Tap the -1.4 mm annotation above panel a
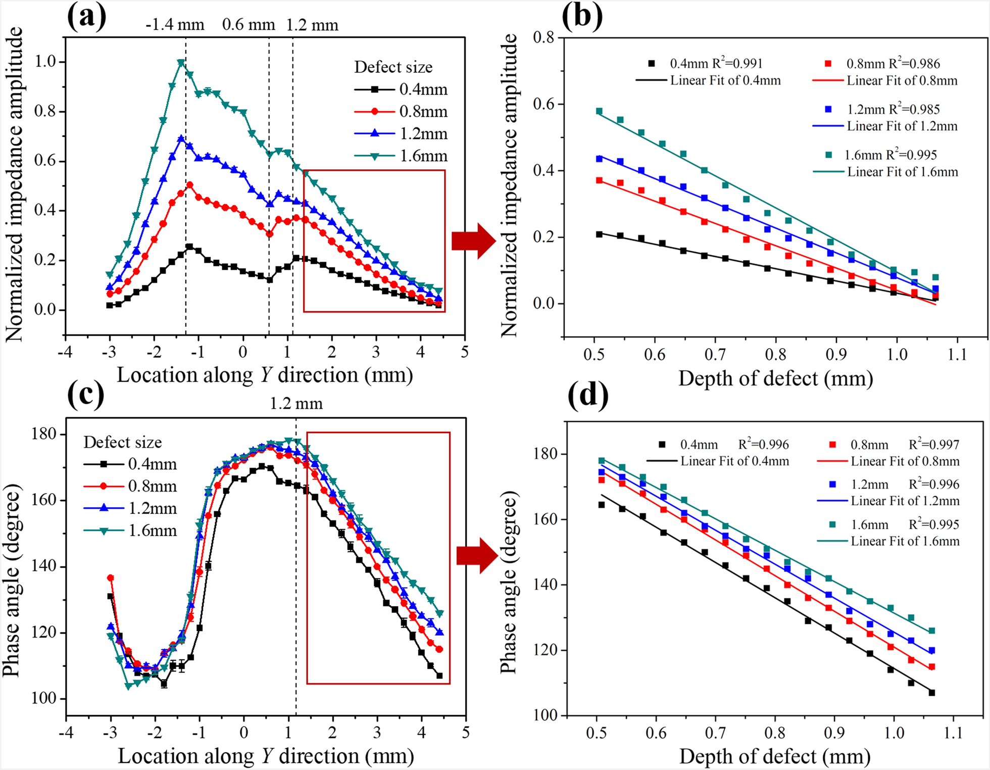click(x=175, y=25)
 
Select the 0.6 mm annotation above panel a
click(x=249, y=25)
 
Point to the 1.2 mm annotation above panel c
click(x=296, y=404)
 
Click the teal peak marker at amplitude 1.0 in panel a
click(x=181, y=63)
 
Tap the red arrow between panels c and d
click(x=478, y=555)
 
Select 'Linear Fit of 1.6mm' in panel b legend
click(x=902, y=172)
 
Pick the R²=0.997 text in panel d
click(x=934, y=445)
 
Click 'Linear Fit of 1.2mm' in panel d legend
click(x=905, y=501)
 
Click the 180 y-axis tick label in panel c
click(x=44, y=435)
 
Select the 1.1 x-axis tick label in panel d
click(x=954, y=733)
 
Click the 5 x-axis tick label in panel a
click(x=465, y=352)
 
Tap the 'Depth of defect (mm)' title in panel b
click(x=775, y=378)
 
